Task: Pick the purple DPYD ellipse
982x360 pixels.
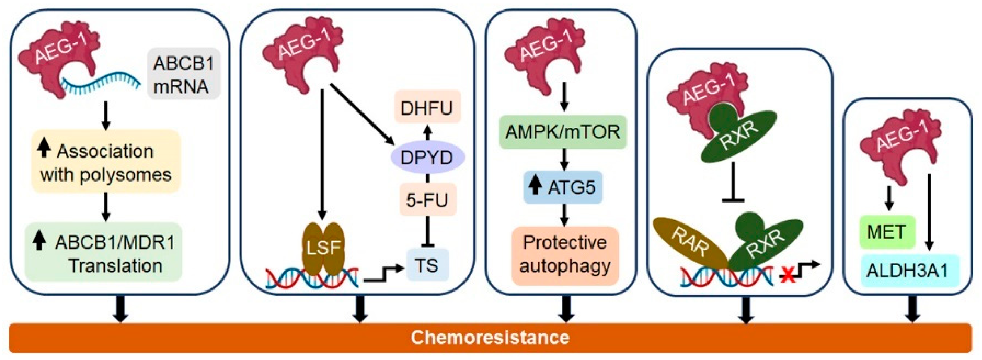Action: [427, 157]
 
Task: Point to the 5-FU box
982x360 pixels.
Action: [427, 200]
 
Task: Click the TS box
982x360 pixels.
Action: [427, 264]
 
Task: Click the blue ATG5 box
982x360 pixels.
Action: [563, 187]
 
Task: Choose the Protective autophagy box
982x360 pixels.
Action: [564, 254]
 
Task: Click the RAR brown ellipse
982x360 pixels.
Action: [690, 243]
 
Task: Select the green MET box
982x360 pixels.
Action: [887, 232]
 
